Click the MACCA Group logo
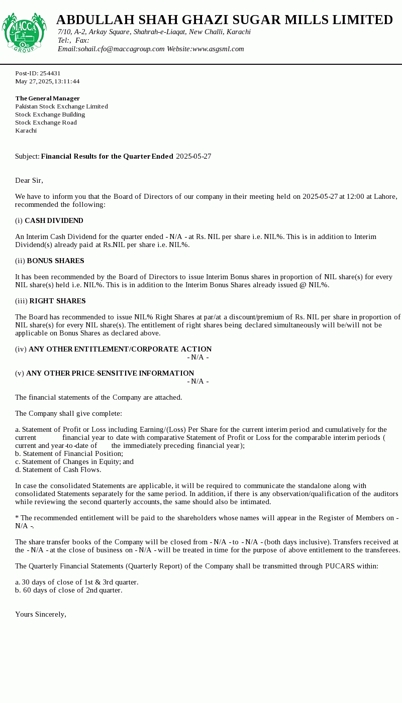pyautogui.click(x=24, y=33)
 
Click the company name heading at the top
pyautogui.click(x=224, y=20)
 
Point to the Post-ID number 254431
pyautogui.click(x=50, y=73)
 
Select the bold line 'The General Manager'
pyautogui.click(x=48, y=98)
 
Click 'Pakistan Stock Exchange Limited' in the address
pyautogui.click(x=61, y=106)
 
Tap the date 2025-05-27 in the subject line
pyautogui.click(x=193, y=156)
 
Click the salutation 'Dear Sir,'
pyautogui.click(x=29, y=180)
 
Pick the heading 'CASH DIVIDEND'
pyautogui.click(x=54, y=220)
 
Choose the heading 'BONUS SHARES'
pyautogui.click(x=55, y=261)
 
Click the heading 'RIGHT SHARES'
pyautogui.click(x=57, y=301)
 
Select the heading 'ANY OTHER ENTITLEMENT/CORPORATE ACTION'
pyautogui.click(x=120, y=349)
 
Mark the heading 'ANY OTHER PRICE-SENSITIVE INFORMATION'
pyautogui.click(x=110, y=373)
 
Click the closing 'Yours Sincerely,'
pyautogui.click(x=41, y=614)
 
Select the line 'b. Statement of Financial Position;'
pyautogui.click(x=69, y=453)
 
